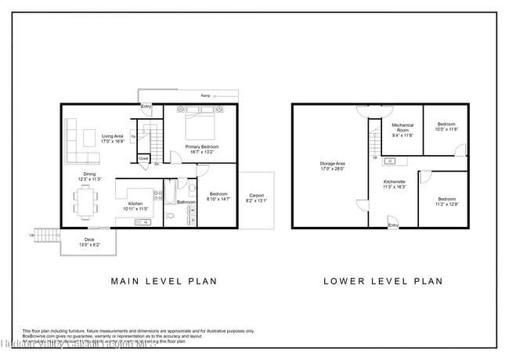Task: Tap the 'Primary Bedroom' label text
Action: [201, 147]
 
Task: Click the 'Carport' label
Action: [256, 196]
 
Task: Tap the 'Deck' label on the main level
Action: [90, 239]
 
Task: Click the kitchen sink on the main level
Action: [143, 223]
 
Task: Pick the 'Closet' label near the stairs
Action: [144, 159]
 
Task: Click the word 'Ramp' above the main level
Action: [205, 95]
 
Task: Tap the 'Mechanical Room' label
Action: [403, 128]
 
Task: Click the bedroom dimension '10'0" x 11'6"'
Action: [447, 129]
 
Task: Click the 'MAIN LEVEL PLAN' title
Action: [164, 280]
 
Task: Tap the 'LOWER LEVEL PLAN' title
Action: [384, 280]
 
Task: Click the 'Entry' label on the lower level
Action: [394, 225]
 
